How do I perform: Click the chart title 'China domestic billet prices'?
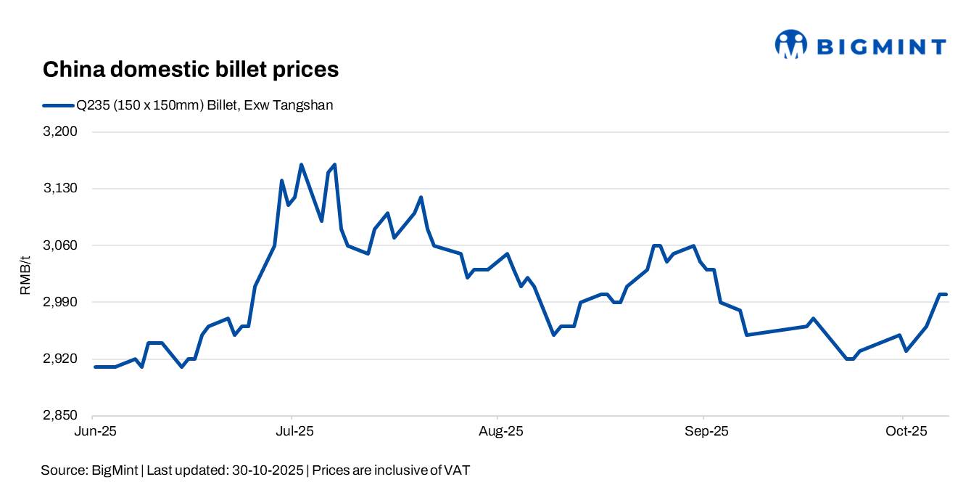pos(191,70)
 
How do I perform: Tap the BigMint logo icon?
pos(790,44)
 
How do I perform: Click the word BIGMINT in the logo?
pos(881,47)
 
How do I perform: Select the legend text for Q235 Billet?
pos(205,105)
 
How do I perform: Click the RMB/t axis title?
pos(25,274)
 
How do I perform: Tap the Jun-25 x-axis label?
pos(93,431)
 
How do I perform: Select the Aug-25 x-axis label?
pos(498,431)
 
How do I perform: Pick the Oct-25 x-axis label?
pos(902,431)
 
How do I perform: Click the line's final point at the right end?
pos(947,294)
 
